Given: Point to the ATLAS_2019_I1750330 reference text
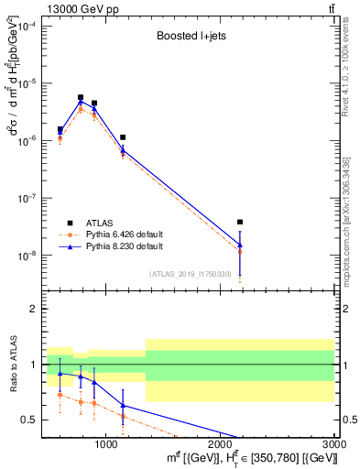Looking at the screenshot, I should point(191,274).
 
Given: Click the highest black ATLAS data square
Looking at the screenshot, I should point(81,97).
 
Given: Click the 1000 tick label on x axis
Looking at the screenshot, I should point(106,443).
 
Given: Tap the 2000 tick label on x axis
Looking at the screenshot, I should point(221,443).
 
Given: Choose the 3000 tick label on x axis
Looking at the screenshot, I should point(334,443).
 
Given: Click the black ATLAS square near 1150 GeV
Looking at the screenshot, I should point(123,137).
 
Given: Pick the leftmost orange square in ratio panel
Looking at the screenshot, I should point(60,395).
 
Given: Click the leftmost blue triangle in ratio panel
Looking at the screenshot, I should point(60,373).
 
